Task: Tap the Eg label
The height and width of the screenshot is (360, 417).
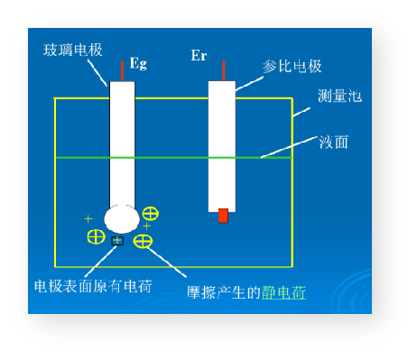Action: (138, 63)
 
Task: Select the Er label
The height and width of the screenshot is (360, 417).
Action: (199, 56)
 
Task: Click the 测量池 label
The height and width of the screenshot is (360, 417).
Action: (339, 96)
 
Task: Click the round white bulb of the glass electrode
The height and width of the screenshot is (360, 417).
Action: (122, 218)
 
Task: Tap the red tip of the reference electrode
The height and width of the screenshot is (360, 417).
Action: (223, 216)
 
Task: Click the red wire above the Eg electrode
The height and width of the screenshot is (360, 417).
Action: (122, 70)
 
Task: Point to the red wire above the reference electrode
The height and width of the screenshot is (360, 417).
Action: (221, 70)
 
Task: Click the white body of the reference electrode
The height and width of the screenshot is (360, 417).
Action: (221, 144)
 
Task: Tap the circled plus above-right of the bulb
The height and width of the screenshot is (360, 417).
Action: (150, 214)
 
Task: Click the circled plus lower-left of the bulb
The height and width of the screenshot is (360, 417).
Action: (96, 236)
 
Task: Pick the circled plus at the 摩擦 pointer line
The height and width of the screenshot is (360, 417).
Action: (143, 241)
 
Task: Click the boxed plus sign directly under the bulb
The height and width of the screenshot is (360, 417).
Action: (117, 241)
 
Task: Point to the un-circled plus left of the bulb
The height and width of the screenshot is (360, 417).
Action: (88, 218)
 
